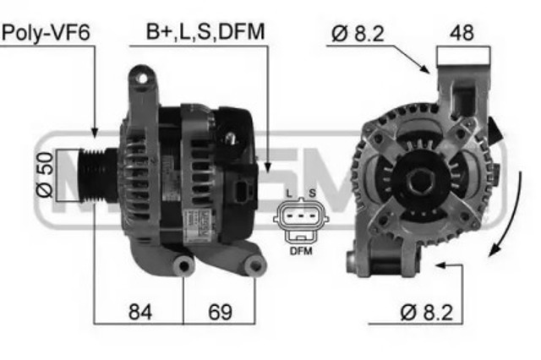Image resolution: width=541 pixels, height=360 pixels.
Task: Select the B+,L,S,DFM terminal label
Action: pyautogui.click(x=205, y=32)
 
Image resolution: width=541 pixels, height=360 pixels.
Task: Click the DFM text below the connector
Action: pyautogui.click(x=300, y=251)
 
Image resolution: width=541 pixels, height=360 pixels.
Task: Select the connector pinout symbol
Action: pyautogui.click(x=300, y=221)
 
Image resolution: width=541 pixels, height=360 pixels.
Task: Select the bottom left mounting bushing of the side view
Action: pyautogui.click(x=183, y=267)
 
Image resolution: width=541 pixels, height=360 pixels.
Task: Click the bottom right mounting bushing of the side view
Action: pyautogui.click(x=253, y=267)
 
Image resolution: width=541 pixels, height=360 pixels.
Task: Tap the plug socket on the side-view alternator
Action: pyautogui.click(x=245, y=193)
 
